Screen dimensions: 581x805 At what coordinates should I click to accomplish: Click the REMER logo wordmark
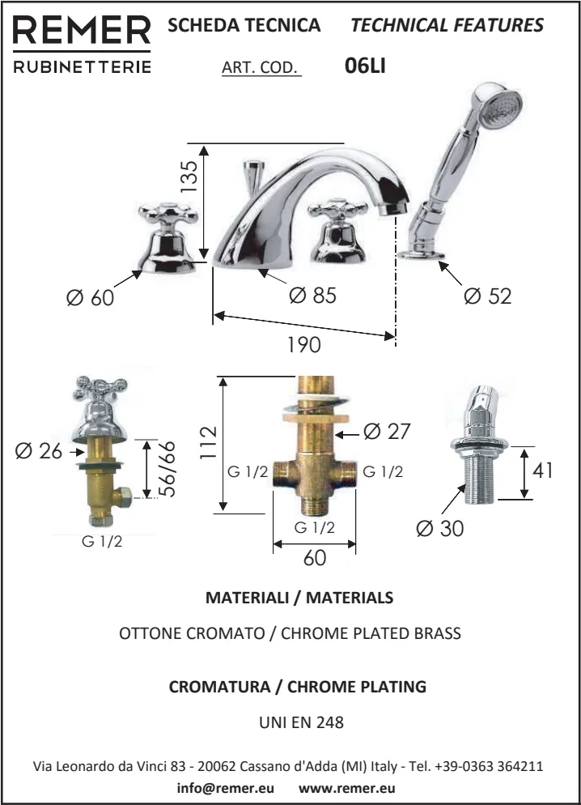tap(82, 30)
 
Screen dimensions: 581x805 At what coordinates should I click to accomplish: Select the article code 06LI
tap(365, 66)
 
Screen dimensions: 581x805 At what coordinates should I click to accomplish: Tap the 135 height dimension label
tap(189, 177)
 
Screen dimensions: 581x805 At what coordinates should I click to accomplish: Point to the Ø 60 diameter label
tap(91, 298)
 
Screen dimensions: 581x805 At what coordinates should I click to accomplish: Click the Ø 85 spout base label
tap(313, 296)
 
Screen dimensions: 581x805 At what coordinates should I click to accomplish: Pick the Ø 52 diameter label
tap(488, 296)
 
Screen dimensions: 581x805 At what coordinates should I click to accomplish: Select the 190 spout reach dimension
tap(303, 344)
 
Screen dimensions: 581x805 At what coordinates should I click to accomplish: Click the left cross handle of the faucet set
tap(168, 215)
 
